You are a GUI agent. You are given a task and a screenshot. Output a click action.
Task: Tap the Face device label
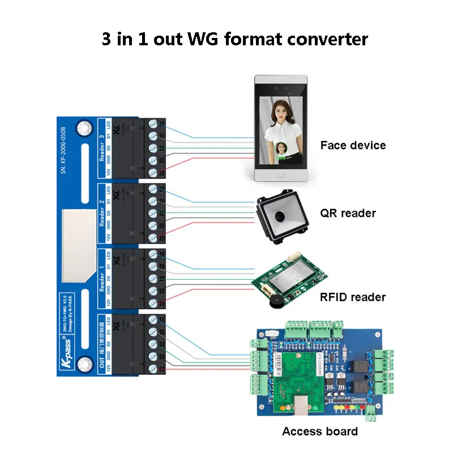[x=353, y=145]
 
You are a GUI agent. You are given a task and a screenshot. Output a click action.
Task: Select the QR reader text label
[x=348, y=213]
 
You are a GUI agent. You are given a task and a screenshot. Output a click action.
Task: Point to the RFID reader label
[x=353, y=297]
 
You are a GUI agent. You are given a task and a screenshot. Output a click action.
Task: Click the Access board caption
[x=320, y=431]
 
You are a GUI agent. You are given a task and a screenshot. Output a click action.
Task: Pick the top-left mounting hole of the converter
[x=86, y=129]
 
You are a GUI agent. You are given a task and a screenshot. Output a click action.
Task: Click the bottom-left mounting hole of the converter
[x=86, y=362]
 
